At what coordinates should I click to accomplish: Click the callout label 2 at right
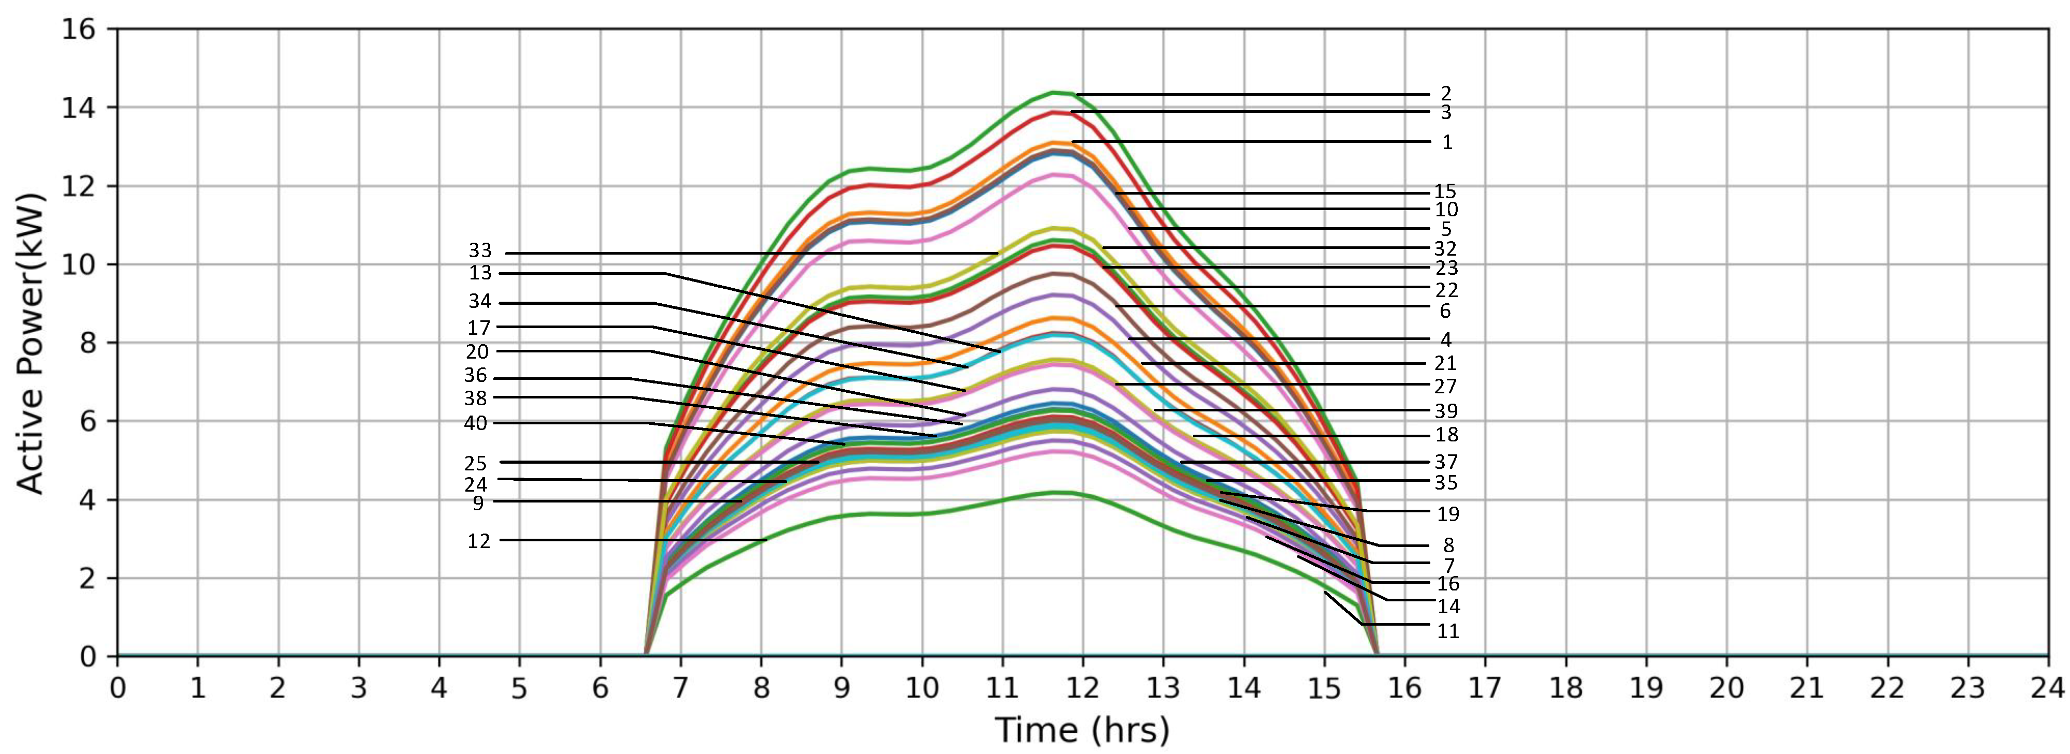(1446, 94)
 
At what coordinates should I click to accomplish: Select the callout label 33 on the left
(480, 251)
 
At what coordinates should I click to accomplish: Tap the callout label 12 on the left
(478, 541)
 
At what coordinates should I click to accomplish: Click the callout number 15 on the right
(1445, 191)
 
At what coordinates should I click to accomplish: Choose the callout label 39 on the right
(1446, 411)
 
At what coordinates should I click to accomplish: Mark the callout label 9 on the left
(478, 503)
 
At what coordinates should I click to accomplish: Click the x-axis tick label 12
(1082, 688)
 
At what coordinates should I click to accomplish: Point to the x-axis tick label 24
(2047, 688)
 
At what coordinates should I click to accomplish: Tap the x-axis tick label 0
(117, 688)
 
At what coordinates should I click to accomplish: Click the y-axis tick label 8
(87, 343)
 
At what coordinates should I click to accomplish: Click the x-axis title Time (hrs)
(1082, 730)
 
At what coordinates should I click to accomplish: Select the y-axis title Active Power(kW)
(31, 343)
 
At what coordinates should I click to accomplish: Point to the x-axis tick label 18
(1565, 688)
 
